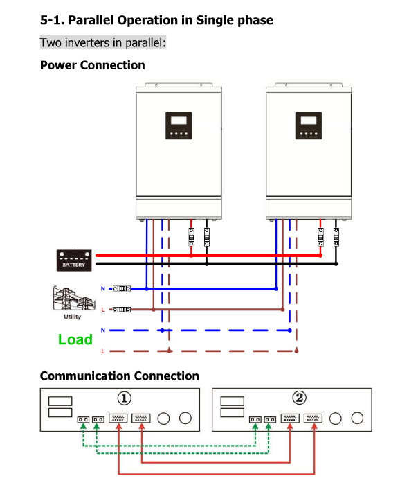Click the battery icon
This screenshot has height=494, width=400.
[x=74, y=261]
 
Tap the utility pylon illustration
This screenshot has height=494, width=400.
[x=74, y=299]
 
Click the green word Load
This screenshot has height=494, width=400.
[x=75, y=339]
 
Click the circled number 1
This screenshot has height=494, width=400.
[x=125, y=398]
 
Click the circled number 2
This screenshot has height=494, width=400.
[x=299, y=398]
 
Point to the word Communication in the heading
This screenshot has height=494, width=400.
[x=85, y=376]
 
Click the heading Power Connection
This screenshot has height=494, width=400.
[x=93, y=65]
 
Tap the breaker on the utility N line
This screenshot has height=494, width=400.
[x=122, y=288]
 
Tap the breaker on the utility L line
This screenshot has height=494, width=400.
[x=122, y=310]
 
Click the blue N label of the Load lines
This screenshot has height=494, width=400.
[x=103, y=330]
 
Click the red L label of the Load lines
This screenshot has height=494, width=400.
[x=103, y=351]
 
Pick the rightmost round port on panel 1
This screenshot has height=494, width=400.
[x=185, y=418]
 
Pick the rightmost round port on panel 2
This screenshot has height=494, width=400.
[x=357, y=418]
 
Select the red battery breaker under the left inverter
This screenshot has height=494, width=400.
[x=191, y=237]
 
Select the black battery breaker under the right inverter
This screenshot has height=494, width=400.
[x=336, y=237]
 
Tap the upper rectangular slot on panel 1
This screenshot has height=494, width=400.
[x=60, y=401]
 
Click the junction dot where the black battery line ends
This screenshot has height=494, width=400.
[x=336, y=264]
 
